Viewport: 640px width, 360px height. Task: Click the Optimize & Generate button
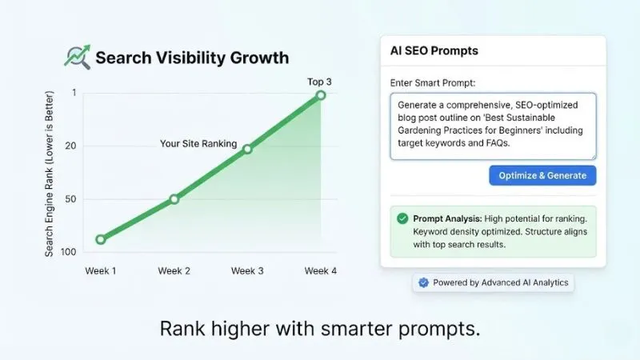pyautogui.click(x=542, y=175)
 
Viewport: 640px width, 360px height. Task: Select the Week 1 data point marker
pyautogui.click(x=100, y=239)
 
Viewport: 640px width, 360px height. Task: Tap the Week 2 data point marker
pyautogui.click(x=174, y=198)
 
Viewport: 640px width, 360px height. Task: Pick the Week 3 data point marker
pyautogui.click(x=247, y=149)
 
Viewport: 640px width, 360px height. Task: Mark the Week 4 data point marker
pyautogui.click(x=321, y=95)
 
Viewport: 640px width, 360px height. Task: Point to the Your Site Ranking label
pyautogui.click(x=199, y=144)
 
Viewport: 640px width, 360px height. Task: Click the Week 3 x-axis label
pyautogui.click(x=247, y=271)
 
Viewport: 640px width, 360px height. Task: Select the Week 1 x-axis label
pyautogui.click(x=101, y=271)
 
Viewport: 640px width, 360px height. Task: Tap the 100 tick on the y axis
pyautogui.click(x=69, y=252)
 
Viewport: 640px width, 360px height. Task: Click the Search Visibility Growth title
pyautogui.click(x=192, y=58)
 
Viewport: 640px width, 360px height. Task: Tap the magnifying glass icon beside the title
pyautogui.click(x=77, y=57)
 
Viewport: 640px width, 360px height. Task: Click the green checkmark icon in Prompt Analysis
pyautogui.click(x=402, y=218)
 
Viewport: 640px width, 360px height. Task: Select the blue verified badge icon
pyautogui.click(x=424, y=282)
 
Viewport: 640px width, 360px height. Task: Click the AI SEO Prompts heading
pyautogui.click(x=434, y=51)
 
